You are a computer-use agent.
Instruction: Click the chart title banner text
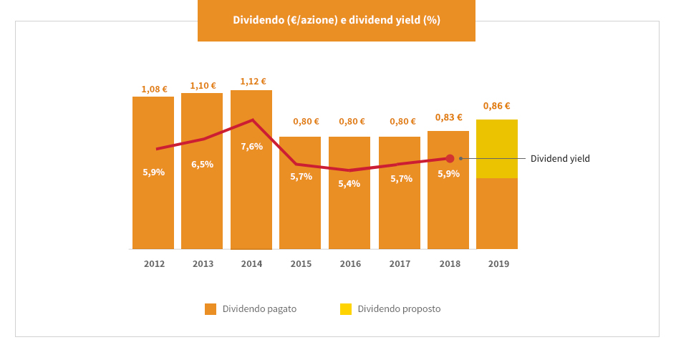[337, 20]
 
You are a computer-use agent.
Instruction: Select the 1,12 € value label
[253, 82]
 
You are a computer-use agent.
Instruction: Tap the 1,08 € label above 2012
[154, 89]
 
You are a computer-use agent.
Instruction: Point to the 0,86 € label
[496, 106]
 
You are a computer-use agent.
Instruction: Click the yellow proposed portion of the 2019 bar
[497, 149]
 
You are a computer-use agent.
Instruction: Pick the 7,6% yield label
[251, 146]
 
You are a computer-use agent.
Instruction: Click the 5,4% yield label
[349, 183]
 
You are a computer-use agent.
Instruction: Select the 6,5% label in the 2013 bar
[202, 164]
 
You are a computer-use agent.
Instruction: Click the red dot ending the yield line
[450, 158]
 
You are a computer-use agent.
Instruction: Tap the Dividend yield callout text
[560, 158]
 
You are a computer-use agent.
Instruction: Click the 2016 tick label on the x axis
[350, 263]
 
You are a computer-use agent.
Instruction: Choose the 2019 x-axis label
[498, 263]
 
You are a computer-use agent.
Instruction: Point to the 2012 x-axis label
[154, 263]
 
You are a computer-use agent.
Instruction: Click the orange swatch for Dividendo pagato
[211, 309]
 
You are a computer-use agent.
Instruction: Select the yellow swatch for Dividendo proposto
[346, 309]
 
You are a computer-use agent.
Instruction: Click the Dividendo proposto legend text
[399, 309]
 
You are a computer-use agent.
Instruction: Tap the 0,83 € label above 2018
[448, 117]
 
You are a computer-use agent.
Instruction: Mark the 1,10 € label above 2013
[203, 86]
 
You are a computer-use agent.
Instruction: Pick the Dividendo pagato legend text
[259, 309]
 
